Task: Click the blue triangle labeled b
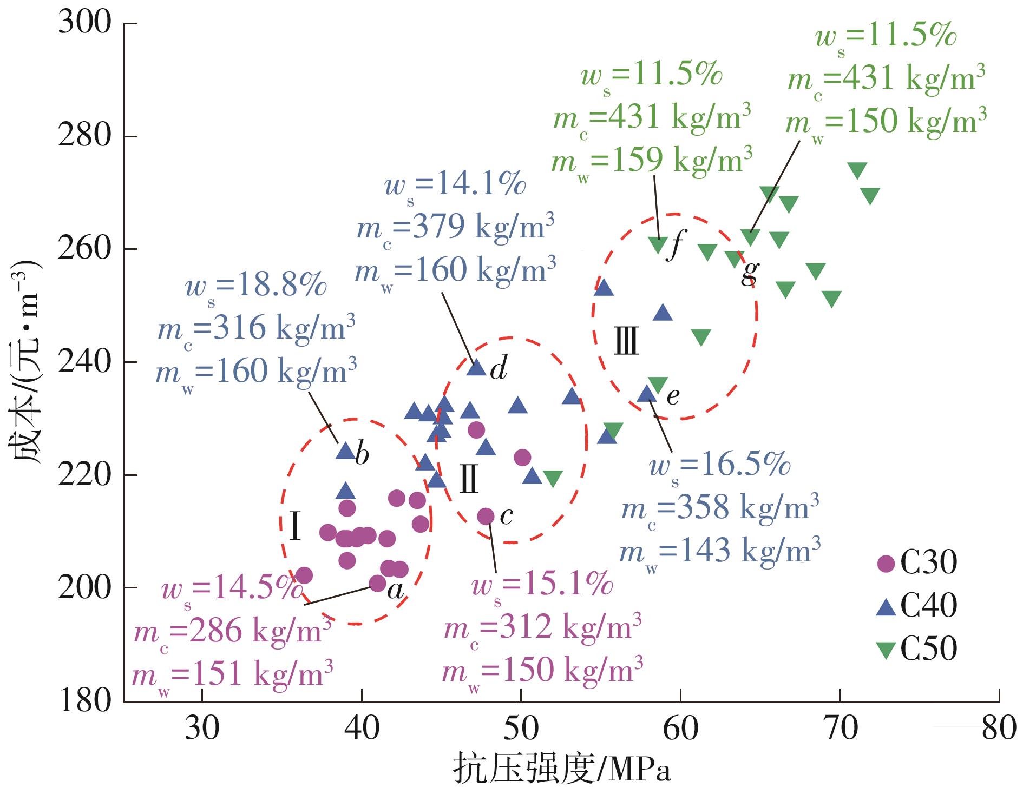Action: pos(345,451)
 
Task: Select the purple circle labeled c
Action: pos(486,517)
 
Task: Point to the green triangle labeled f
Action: pos(658,245)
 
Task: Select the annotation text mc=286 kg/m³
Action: pos(233,631)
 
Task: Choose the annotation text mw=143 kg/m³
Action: pos(719,550)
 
